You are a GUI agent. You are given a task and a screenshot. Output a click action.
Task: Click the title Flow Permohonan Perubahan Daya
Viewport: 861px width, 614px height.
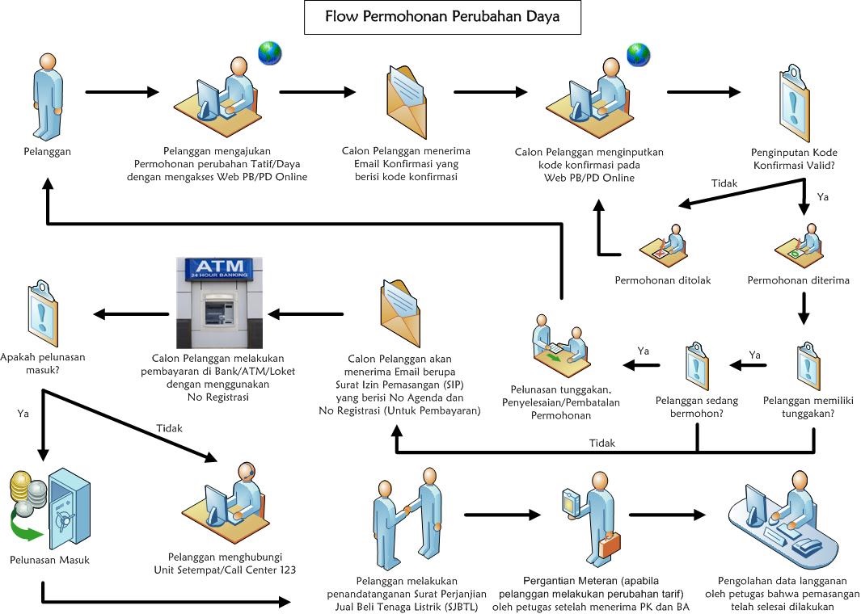coord(442,16)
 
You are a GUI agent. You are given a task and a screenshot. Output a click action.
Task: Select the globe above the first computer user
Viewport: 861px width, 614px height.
coord(269,53)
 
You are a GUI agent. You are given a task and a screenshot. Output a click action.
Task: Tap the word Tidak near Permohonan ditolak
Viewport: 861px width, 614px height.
coord(724,183)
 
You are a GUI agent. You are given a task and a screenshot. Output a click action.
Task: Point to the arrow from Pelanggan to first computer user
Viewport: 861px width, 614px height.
coord(122,92)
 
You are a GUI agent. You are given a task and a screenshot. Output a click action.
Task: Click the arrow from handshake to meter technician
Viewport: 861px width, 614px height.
coord(502,514)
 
